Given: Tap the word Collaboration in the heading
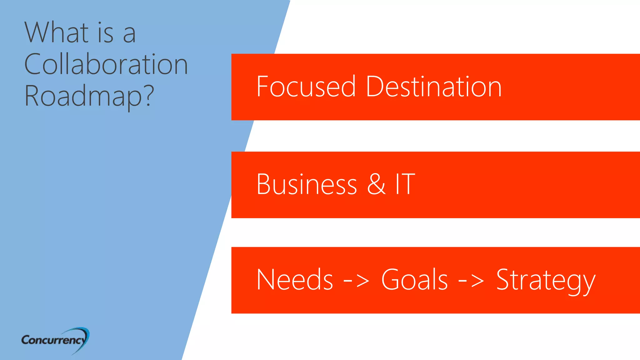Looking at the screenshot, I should (x=106, y=64).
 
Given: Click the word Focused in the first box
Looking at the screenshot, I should (x=306, y=87).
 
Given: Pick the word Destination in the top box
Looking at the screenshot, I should (x=433, y=87).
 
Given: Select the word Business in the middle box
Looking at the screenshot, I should (x=307, y=184).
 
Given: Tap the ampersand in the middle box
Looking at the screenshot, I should (x=376, y=184).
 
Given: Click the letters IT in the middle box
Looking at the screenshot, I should (x=405, y=184).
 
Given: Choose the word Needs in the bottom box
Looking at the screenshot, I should (x=295, y=280).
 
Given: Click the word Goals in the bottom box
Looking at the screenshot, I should (x=414, y=280).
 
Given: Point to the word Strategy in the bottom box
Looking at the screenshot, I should (x=546, y=280).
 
